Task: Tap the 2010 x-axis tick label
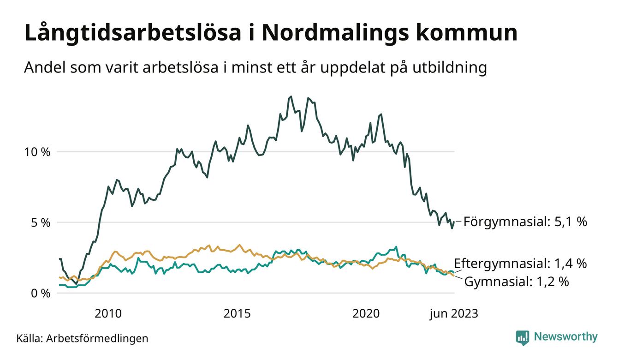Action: pos(108,314)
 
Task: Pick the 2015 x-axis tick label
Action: pos(237,314)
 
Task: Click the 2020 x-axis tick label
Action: pos(366,314)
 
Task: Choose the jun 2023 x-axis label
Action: pos(453,314)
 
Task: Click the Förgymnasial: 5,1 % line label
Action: pos(525,222)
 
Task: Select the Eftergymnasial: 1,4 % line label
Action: pos(520,264)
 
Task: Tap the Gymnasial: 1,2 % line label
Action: pos(516,281)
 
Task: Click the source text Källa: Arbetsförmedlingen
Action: pos(82,338)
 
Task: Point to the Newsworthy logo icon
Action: pos(523,337)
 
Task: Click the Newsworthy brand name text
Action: pos(565,337)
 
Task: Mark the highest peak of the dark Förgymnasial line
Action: pos(291,96)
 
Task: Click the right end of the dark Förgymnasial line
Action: pos(454,222)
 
